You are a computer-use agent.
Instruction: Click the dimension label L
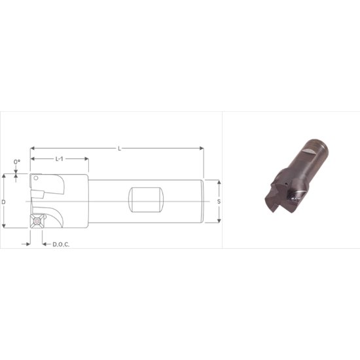click(x=119, y=149)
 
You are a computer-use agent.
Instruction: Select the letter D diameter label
click(x=4, y=202)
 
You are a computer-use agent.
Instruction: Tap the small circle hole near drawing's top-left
click(x=37, y=177)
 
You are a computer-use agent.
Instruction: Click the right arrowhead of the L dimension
click(x=202, y=149)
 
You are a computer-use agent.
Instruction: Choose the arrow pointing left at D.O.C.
click(x=45, y=243)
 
